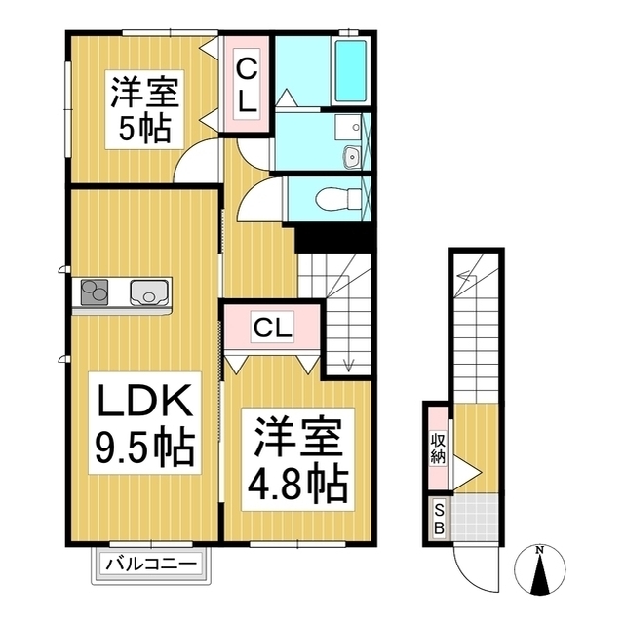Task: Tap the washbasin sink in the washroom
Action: click(352, 156)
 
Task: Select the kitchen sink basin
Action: click(148, 292)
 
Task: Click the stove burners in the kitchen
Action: click(95, 292)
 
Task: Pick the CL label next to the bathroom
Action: click(248, 84)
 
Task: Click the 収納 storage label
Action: click(438, 449)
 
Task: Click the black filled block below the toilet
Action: click(333, 237)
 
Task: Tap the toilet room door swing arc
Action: click(257, 200)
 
